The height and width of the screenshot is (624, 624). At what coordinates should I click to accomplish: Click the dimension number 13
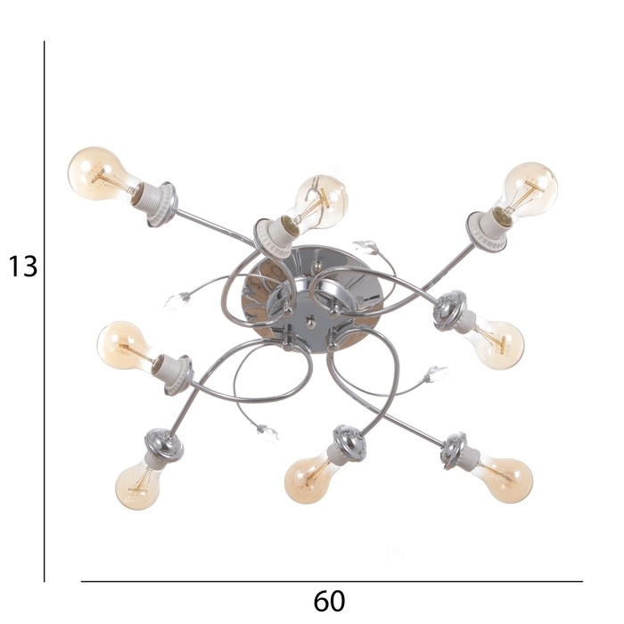pyautogui.click(x=23, y=267)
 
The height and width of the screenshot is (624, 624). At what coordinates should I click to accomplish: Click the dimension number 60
pyautogui.click(x=329, y=602)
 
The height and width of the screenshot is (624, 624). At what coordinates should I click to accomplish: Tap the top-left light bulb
pyautogui.click(x=103, y=174)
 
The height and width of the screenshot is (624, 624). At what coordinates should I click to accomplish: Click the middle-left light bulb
pyautogui.click(x=127, y=346)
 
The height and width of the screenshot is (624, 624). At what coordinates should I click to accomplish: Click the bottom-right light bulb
pyautogui.click(x=506, y=480)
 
